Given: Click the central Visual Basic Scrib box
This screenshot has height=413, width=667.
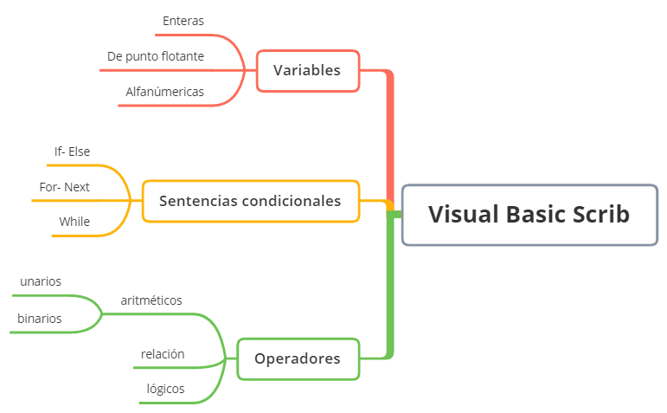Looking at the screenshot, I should coord(529,215).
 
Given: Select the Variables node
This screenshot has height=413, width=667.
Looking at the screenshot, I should coord(307,70).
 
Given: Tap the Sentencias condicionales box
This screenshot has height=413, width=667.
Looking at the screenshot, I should coord(250,201).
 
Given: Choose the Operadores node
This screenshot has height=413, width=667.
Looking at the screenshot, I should coord(298,358).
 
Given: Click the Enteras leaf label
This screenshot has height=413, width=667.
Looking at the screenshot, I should coord(183,21).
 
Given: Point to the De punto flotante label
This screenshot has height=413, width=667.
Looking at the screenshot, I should coord(156,56).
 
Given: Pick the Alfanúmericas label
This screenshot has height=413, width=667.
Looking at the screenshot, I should coord(165,91).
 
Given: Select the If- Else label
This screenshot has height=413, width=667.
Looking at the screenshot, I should coord(72,152).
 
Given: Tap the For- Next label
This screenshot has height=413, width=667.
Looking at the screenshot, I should coord(65,186).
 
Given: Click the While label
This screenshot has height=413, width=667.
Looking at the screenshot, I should coord(74,222).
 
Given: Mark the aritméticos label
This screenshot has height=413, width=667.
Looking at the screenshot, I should coord(151,300).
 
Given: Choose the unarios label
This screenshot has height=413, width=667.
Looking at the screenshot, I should coord(41,281).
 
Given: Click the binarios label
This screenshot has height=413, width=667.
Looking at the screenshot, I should coord(40,318).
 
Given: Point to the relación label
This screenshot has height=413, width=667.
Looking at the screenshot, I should coord(163,353).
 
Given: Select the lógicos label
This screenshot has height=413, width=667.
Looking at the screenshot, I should coord(165,389).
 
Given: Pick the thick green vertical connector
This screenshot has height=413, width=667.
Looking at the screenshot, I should coord(389,286).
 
